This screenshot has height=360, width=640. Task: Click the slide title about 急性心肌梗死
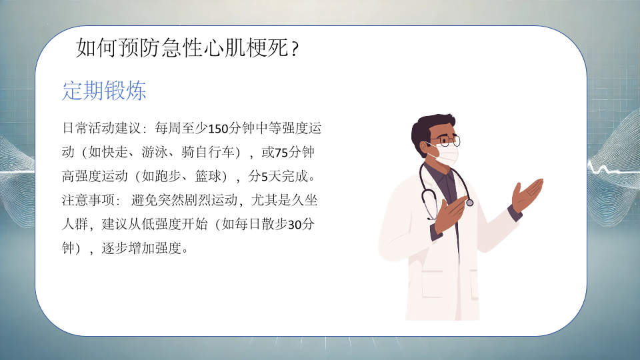point(187,48)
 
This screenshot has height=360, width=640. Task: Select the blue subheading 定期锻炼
point(104,91)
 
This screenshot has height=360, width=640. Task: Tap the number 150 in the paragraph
point(218,129)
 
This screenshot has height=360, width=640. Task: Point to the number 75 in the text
point(281,153)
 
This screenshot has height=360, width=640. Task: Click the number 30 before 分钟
point(294,225)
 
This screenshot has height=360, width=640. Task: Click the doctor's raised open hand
point(527,195)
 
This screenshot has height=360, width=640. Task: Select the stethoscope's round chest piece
point(470,203)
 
